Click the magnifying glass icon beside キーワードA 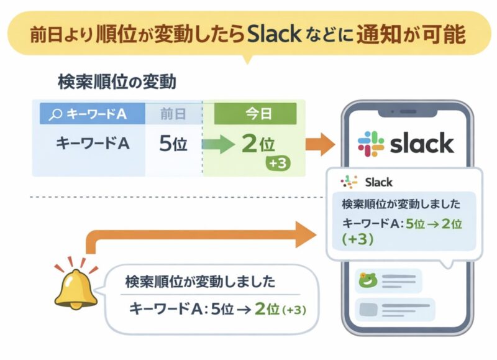(55, 114)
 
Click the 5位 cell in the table (173, 144)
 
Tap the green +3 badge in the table (275, 164)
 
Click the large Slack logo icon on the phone (371, 143)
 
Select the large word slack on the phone (422, 143)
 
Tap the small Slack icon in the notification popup (349, 182)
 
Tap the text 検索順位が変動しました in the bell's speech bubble (199, 282)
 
